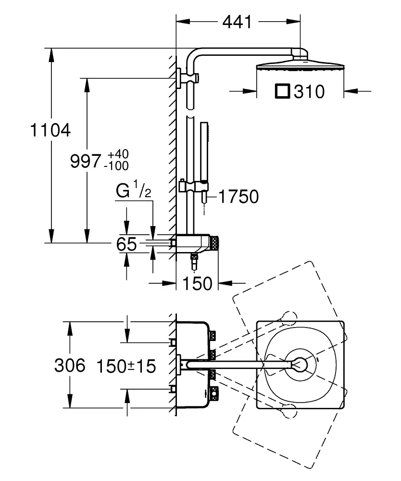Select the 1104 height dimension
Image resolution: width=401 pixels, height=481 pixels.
tap(50, 130)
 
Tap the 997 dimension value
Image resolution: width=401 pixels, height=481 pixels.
tap(86, 161)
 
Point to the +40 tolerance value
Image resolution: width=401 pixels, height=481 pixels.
tap(118, 155)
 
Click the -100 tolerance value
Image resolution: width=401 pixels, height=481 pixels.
tap(116, 166)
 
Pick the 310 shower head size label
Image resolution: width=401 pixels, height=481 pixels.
tap(309, 91)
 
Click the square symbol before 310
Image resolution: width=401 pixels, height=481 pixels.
tap(282, 91)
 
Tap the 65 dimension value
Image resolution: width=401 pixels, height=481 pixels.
tap(127, 244)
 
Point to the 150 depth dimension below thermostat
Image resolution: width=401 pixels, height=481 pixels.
tap(197, 283)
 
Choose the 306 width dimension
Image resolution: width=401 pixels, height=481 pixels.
tap(69, 366)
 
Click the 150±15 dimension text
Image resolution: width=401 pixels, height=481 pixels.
tap(125, 367)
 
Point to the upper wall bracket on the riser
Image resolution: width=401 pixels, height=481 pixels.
tap(181, 77)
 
